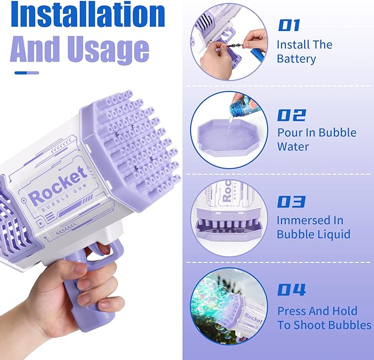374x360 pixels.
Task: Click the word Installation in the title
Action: [88, 14]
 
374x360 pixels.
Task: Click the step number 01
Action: [289, 25]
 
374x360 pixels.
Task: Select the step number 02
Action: [291, 115]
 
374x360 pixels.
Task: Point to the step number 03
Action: [291, 202]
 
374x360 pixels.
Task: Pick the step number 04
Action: [291, 289]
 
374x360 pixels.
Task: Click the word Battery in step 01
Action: [296, 59]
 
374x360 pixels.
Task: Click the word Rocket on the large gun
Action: [58, 186]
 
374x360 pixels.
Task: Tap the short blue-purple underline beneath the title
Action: [26, 73]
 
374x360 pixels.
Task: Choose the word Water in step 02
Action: [293, 147]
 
